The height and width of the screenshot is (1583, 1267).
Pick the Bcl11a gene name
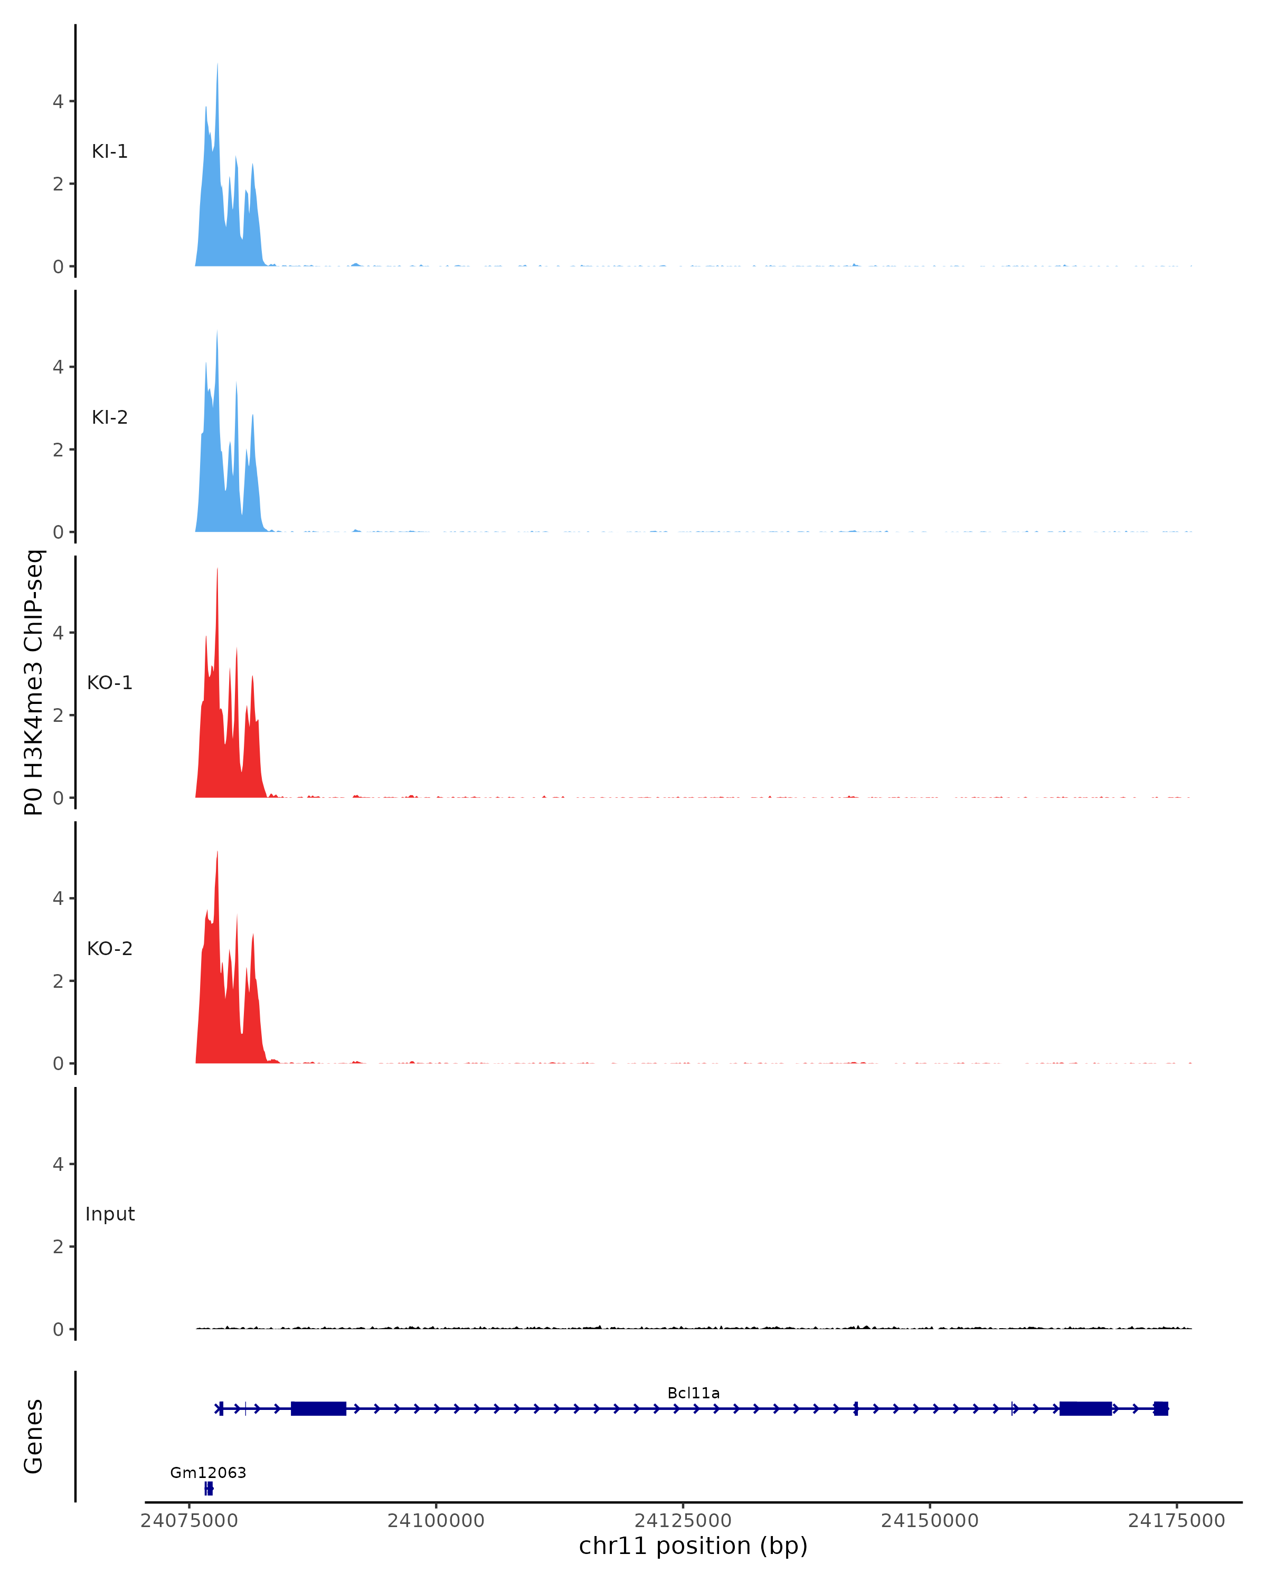click(693, 1394)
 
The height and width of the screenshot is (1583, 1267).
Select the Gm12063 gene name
click(208, 1473)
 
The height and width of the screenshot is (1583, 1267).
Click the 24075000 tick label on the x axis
click(189, 1521)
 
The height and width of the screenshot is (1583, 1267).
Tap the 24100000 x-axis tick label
click(436, 1521)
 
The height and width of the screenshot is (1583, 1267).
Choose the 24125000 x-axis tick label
click(683, 1521)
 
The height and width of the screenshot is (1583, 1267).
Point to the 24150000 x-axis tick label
click(929, 1521)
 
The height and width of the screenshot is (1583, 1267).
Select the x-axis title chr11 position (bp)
click(693, 1546)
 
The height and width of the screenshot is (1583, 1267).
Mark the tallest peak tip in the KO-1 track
click(218, 569)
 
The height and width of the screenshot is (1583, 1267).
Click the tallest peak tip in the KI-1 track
click(218, 64)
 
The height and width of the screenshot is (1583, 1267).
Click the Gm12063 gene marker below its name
click(209, 1489)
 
